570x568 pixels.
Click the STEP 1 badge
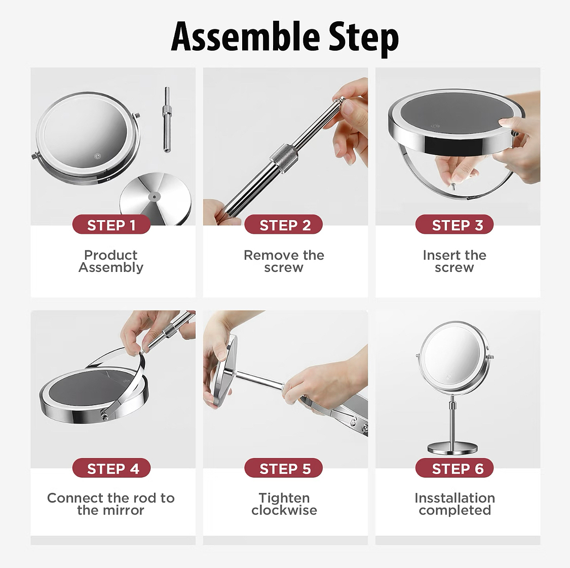111,225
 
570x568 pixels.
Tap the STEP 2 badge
284,225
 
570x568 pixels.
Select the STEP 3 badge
454,225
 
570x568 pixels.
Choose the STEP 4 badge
111,468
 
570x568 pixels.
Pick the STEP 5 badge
284,468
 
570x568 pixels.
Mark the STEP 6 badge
454,468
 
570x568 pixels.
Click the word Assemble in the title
246,37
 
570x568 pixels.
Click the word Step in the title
364,38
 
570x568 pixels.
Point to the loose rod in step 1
167,119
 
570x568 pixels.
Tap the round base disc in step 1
156,199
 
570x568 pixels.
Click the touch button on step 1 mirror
97,157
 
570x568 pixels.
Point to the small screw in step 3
453,186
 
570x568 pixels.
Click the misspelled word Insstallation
454,498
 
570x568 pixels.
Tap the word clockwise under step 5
284,510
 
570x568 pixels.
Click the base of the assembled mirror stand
452,448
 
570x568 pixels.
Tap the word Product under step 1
110,255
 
